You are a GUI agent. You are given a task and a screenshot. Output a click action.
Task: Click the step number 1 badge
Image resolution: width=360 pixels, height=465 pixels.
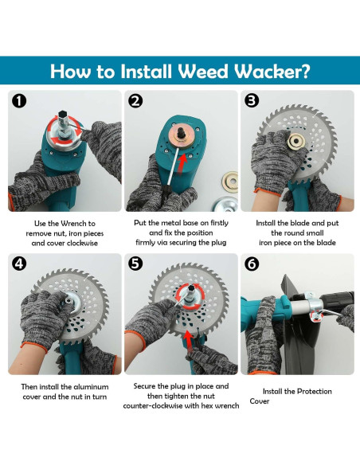pos(19,101)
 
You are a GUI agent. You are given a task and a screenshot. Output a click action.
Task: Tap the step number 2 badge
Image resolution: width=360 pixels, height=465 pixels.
pos(135,101)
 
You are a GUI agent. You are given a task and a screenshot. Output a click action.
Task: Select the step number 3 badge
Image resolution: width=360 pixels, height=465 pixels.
pos(252,100)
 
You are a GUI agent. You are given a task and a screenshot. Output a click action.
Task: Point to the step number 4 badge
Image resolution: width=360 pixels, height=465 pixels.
pos(19,264)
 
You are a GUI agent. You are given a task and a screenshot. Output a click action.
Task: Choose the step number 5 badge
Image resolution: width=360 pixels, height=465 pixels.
pos(135,264)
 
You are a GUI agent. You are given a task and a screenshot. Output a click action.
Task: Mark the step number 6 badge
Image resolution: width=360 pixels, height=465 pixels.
pos(252,264)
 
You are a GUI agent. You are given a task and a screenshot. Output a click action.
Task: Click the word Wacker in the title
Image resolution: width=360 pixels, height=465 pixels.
pos(272,72)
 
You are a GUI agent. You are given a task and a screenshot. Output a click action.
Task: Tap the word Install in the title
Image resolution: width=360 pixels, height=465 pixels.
pos(147,72)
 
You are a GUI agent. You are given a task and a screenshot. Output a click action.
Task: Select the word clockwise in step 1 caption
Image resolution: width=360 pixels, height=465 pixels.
pos(82,243)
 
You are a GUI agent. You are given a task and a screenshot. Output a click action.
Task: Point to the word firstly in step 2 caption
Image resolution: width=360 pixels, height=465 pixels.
pos(219,223)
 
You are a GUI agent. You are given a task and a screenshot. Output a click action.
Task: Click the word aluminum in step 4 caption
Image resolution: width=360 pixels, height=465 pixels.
pos(91,387)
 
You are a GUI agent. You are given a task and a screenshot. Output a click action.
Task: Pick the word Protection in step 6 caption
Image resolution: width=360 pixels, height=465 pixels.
pos(314,392)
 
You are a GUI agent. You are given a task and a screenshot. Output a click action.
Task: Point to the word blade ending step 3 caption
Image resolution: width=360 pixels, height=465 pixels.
pos(327,243)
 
